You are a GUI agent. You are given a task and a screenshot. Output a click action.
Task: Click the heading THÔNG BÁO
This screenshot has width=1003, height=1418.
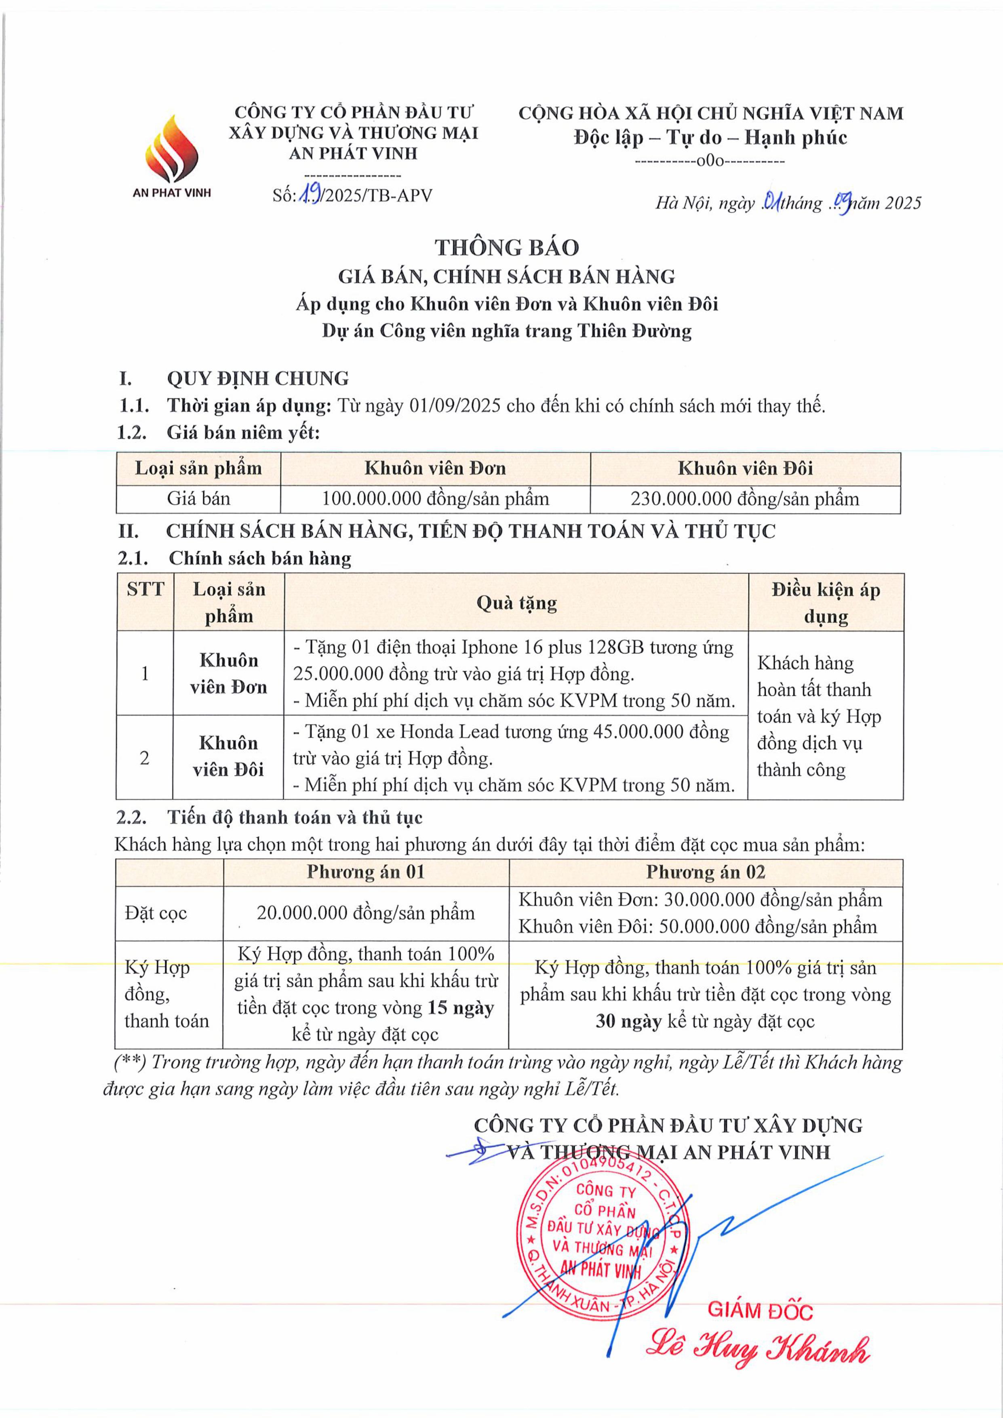[x=506, y=248]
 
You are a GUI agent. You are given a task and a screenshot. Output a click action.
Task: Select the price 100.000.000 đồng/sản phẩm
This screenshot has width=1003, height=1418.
[x=435, y=498]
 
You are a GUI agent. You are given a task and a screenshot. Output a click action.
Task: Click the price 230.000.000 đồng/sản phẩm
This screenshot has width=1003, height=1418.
[x=744, y=498]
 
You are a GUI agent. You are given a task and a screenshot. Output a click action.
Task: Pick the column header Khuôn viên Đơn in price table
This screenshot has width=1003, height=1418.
[x=435, y=468]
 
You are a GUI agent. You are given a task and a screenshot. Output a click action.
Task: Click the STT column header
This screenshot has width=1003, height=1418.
[x=145, y=589]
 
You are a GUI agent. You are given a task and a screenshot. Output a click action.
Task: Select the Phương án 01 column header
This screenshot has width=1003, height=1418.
[x=366, y=871]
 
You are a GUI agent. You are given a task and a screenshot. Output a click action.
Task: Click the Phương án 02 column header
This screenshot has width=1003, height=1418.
[x=705, y=871]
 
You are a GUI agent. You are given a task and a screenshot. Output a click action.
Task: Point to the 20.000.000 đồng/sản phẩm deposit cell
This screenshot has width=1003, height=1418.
[x=366, y=913]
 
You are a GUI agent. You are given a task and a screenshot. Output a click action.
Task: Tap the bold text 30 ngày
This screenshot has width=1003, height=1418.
[x=628, y=1022]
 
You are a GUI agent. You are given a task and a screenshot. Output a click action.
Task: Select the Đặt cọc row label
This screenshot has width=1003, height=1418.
[x=156, y=913]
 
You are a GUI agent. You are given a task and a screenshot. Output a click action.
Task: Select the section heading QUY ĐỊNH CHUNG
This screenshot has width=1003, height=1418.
[x=257, y=378]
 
